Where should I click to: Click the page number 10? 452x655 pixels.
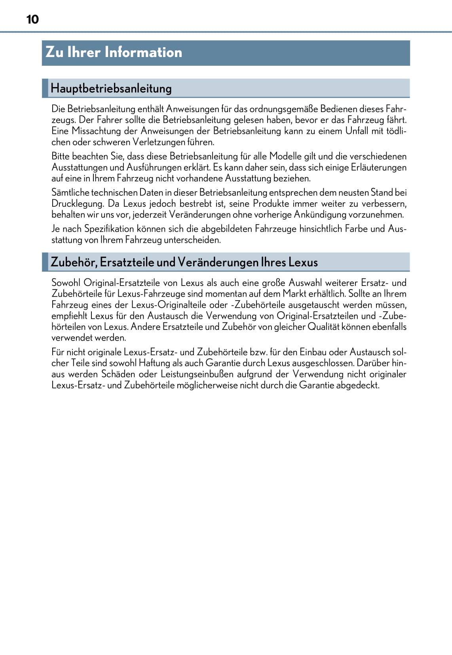click(32, 19)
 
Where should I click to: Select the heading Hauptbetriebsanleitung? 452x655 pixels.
click(111, 88)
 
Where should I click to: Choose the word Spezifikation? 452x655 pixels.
click(109, 229)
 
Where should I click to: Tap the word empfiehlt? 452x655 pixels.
click(69, 316)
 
